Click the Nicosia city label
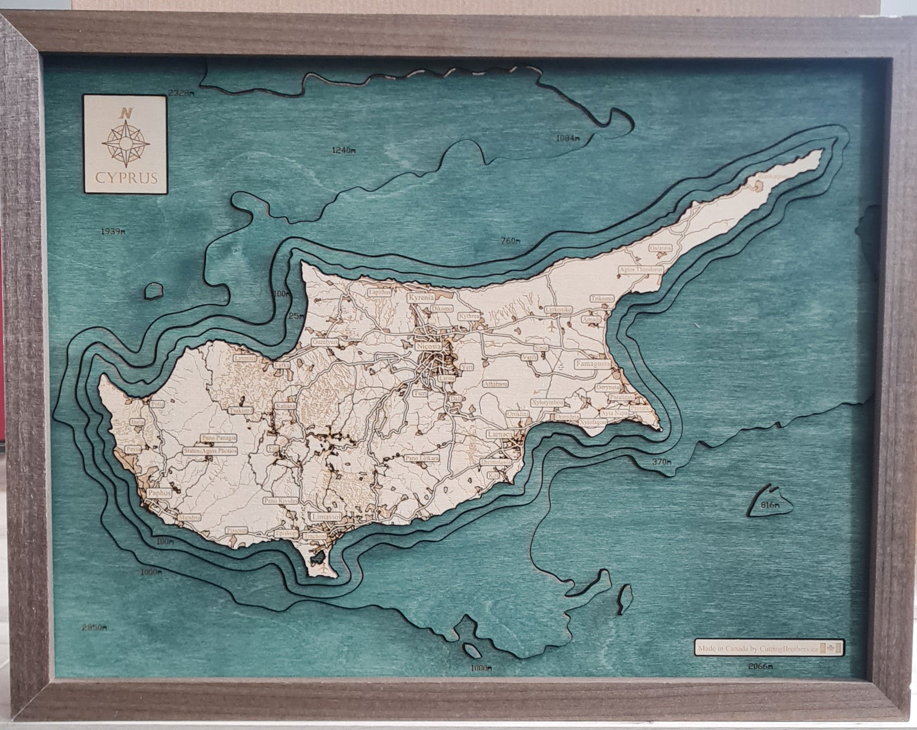click(428, 347)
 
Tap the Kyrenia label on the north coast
click(421, 298)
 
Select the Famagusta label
click(593, 363)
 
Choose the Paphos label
click(159, 493)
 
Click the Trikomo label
click(601, 298)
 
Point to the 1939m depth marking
click(113, 232)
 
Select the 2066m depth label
click(760, 667)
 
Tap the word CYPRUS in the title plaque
click(124, 178)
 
